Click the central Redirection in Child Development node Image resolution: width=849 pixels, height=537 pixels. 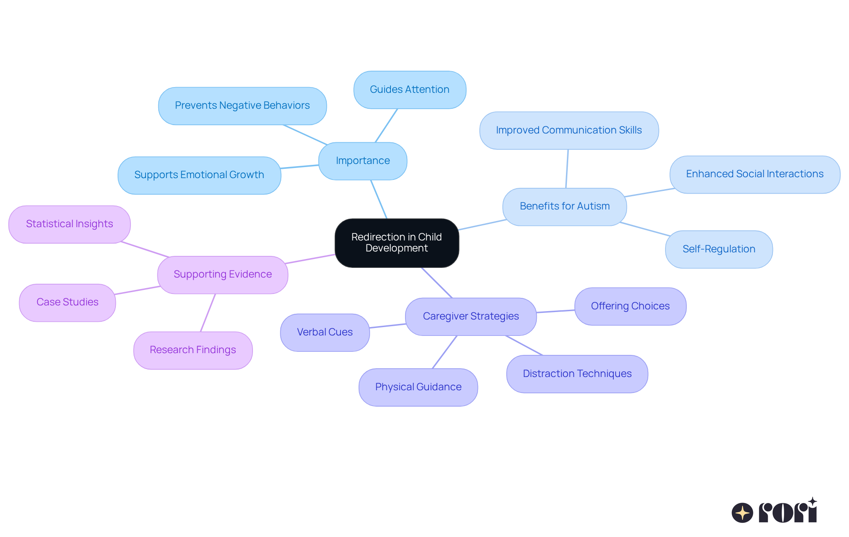click(x=397, y=243)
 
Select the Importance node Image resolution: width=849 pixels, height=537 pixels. click(x=363, y=161)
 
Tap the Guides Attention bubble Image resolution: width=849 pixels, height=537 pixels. click(x=409, y=90)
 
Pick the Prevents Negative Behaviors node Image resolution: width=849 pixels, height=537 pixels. click(x=242, y=106)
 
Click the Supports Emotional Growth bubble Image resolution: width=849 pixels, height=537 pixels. click(x=199, y=175)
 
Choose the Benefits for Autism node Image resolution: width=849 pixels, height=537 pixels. click(x=564, y=206)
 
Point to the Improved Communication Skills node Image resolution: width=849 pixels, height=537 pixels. click(x=569, y=130)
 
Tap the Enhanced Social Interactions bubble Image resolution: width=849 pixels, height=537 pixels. click(x=754, y=174)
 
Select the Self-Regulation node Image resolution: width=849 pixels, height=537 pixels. click(x=719, y=249)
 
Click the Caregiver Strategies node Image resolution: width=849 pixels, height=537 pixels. click(x=470, y=316)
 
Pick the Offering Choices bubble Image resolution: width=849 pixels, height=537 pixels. click(x=630, y=306)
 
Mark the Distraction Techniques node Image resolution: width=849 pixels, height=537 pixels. click(x=577, y=374)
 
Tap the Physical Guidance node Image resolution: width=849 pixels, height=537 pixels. click(x=418, y=387)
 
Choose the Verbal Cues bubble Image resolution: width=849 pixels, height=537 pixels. click(x=325, y=332)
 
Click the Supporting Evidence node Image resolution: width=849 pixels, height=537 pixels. click(x=222, y=274)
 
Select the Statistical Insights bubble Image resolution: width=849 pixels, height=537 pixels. click(x=69, y=224)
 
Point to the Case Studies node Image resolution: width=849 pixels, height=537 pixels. click(x=67, y=302)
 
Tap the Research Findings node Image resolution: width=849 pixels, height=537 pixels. click(x=193, y=350)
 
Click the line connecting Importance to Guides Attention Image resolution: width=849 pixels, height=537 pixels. click(x=386, y=126)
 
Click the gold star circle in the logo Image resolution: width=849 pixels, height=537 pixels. click(x=742, y=513)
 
